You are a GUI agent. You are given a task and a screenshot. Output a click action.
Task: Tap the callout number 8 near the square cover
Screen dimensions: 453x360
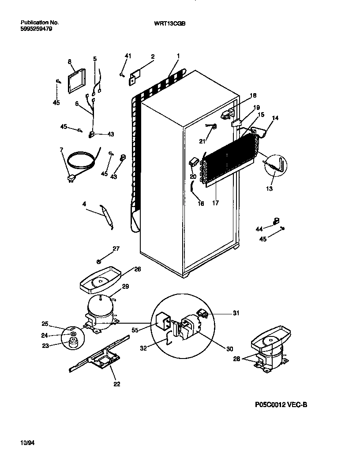70,62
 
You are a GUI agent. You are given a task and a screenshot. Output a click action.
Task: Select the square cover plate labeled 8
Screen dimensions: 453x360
77,81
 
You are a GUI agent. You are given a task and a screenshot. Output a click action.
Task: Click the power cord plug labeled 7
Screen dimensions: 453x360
70,178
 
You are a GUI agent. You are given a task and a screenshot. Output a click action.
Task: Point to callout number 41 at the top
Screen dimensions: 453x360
128,56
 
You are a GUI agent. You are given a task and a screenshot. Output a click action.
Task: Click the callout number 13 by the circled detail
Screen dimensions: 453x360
269,189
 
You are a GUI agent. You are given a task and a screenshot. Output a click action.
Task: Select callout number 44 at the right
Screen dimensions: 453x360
259,228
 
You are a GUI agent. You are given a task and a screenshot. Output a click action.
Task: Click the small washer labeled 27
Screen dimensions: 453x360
99,261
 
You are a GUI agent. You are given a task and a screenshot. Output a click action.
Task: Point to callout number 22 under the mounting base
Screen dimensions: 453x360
116,384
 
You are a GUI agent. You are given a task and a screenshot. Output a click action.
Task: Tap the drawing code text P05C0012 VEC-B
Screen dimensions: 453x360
280,404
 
